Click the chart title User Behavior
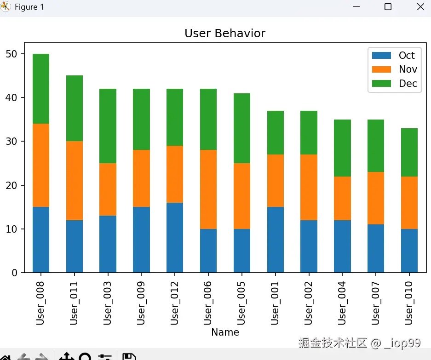click(224, 34)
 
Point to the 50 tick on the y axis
click(11, 54)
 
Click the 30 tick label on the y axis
click(11, 142)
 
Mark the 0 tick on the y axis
click(14, 273)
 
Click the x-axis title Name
click(225, 332)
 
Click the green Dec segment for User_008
click(41, 89)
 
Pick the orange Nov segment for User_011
click(75, 181)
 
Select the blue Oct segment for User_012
click(175, 238)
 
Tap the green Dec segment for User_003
click(108, 126)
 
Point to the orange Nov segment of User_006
click(208, 189)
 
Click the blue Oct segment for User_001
click(275, 240)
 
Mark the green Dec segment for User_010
click(409, 152)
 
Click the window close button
click(420, 7)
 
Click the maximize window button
click(388, 7)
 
